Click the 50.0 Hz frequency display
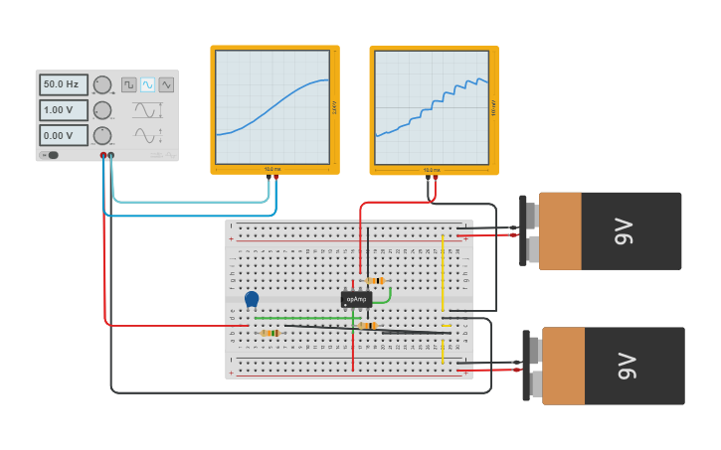64,85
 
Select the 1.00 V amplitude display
64,110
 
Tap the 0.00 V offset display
64,135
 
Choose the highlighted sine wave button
147,85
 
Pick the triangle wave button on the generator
166,85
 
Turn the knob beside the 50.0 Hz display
101,85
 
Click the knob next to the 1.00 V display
101,110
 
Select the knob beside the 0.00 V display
101,135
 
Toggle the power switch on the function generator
51,155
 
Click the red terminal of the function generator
102,156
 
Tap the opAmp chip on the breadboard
356,299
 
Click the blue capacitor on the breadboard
252,298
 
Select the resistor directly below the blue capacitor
269,333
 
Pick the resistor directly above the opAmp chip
375,281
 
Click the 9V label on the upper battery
625,231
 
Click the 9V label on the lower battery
627,366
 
